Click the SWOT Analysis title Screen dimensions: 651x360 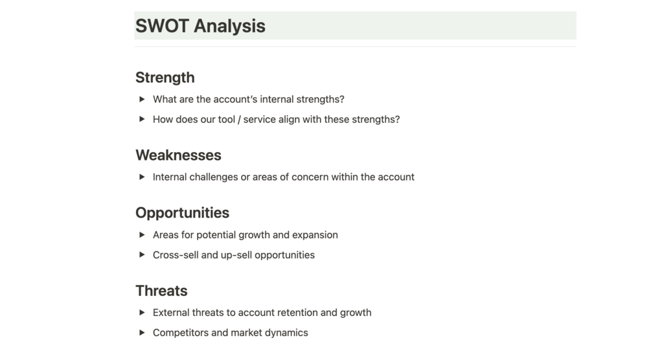click(200, 26)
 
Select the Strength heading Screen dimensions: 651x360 click(165, 78)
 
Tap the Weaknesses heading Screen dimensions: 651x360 click(178, 155)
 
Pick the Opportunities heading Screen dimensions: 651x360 click(182, 213)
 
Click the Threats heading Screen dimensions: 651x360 click(161, 291)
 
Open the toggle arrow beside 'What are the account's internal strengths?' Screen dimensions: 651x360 click(142, 99)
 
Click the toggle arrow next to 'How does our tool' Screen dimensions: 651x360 click(142, 119)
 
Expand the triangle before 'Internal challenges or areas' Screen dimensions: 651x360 click(142, 177)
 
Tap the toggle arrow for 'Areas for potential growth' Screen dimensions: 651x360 click(142, 234)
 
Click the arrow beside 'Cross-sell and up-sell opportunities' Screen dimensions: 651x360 click(142, 254)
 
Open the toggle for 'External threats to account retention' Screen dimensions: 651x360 click(142, 312)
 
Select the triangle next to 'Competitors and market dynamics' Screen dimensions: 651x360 click(142, 332)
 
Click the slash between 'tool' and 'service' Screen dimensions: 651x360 click(239, 120)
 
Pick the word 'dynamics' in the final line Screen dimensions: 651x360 click(290, 333)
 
